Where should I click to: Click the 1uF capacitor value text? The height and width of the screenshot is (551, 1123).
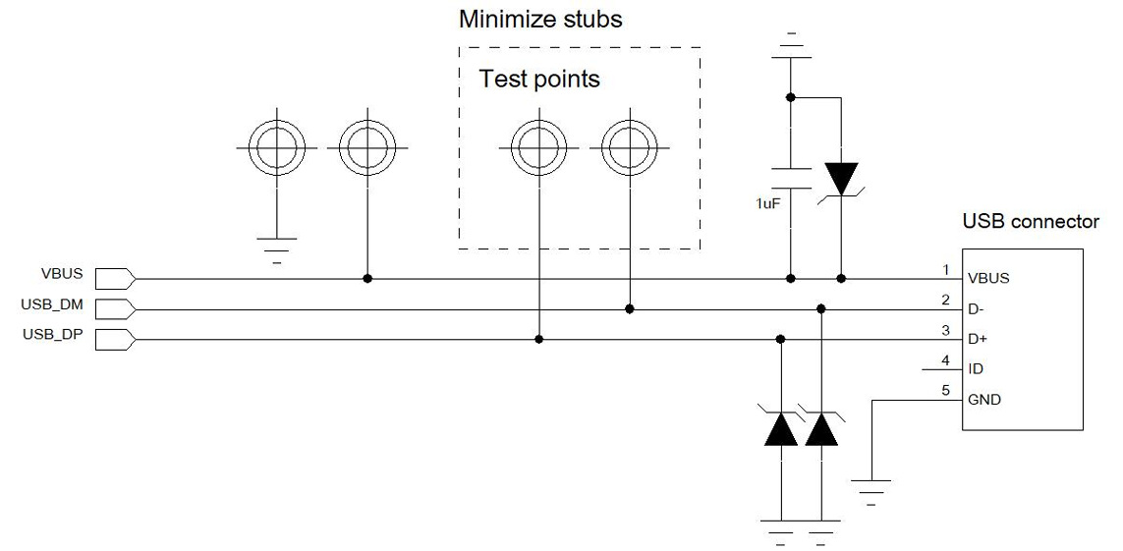(766, 203)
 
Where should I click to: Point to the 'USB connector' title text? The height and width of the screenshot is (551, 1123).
(1031, 222)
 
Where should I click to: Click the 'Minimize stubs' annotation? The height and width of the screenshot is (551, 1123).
(540, 19)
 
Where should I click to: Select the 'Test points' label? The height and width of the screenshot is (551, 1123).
(539, 79)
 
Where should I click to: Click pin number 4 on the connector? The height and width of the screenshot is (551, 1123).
(945, 360)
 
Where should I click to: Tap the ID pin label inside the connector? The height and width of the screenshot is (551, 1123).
(976, 369)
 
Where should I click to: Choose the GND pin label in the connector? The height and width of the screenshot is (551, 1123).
(984, 400)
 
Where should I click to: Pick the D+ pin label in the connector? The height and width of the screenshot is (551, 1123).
(978, 339)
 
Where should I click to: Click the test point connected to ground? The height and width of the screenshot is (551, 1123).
(276, 150)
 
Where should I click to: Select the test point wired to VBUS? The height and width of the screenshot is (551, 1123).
(366, 150)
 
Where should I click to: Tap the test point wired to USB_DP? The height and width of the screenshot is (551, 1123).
(538, 150)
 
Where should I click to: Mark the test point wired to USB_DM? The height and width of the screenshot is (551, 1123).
(630, 150)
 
